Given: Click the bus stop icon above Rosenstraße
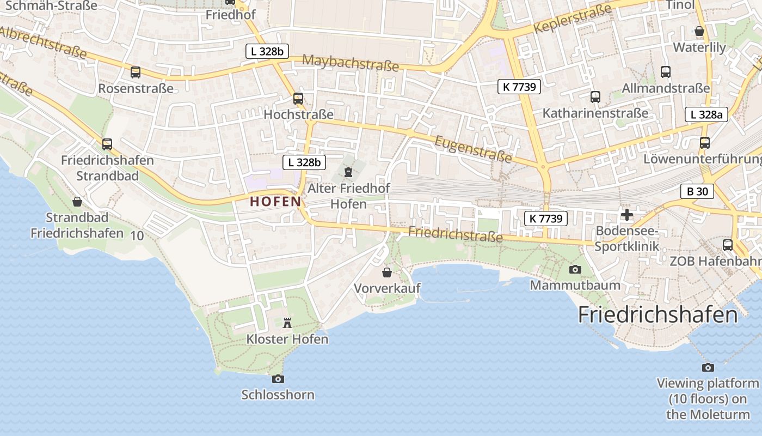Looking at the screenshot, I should point(136,72).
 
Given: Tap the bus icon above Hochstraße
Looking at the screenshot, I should point(298,99).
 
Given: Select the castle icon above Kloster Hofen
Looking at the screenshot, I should point(287,323).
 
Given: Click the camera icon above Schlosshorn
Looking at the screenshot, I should point(278,379).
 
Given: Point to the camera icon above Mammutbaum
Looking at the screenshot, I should point(575,269).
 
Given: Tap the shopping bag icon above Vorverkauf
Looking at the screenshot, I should point(387,272).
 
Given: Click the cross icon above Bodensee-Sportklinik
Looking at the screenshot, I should point(627,215).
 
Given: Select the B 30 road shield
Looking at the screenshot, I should point(697,191).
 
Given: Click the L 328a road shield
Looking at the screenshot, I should point(706,114).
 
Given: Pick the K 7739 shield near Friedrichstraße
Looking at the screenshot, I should point(546,219).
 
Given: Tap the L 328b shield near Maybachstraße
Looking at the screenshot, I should point(267,52).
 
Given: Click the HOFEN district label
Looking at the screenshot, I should point(275,201).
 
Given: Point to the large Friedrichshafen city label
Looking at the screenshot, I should point(657,315).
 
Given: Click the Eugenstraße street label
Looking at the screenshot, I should point(474,149).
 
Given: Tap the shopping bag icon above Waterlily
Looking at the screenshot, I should point(699,32).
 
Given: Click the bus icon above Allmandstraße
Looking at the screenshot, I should point(666,71).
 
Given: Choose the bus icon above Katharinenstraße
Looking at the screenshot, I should point(595,97).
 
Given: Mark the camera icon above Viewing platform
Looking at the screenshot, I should point(708,367).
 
